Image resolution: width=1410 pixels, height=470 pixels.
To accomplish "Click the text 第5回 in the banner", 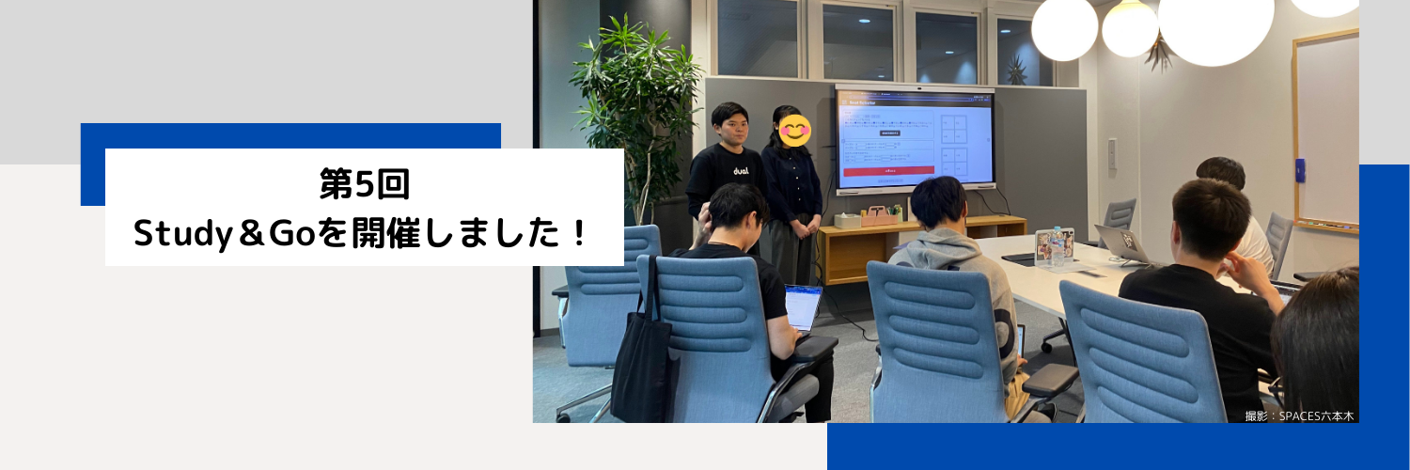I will tap(364, 185).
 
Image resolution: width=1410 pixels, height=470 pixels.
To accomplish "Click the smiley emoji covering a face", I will tap(795, 131).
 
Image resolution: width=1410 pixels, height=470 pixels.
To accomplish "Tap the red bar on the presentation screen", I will tap(888, 171).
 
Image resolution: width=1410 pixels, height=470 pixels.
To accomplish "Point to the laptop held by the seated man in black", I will tap(802, 307).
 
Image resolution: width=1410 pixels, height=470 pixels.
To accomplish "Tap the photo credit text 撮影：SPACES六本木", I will tap(1299, 415).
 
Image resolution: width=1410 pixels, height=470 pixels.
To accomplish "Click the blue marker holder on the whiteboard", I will tap(1300, 170).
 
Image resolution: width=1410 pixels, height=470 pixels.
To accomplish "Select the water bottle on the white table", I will tap(1057, 246).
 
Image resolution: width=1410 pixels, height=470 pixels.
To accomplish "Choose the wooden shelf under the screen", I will tap(921, 240).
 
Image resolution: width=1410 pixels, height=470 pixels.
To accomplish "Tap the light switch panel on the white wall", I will tap(1112, 153).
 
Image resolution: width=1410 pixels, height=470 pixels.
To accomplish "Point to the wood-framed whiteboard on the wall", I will tap(1325, 132).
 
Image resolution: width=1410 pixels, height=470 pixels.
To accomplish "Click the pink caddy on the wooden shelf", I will tap(881, 215).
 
